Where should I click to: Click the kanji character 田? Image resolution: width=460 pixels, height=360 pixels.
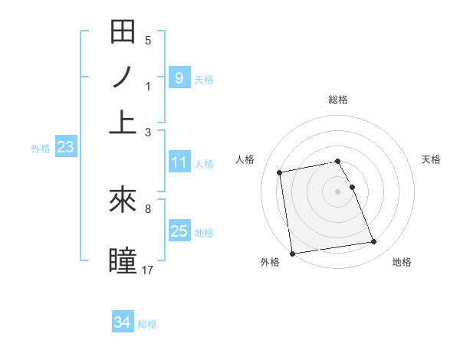123,32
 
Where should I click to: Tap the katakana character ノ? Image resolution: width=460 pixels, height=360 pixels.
123,77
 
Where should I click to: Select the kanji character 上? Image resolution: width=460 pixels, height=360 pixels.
123,121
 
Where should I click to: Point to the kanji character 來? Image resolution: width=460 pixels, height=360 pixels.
123,201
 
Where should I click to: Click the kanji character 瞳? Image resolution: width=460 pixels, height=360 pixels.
123,259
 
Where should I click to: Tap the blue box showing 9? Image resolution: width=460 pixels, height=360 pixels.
179,77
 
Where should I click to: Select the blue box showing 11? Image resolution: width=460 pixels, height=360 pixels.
179,162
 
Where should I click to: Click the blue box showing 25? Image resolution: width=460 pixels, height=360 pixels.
179,231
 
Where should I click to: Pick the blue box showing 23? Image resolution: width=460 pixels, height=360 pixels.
65,148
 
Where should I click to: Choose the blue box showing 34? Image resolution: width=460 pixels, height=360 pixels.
123,322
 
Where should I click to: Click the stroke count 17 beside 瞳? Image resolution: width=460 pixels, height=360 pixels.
149,270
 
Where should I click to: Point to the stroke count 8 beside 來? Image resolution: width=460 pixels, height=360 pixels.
148,208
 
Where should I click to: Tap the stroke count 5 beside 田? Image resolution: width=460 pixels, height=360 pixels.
148,40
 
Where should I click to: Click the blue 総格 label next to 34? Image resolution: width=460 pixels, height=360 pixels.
147,324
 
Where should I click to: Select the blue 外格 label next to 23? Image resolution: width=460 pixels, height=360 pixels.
41,149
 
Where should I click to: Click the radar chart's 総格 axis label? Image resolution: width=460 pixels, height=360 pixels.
338,100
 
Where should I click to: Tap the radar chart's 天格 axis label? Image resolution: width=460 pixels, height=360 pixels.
431,159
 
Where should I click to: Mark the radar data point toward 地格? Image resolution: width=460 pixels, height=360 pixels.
373,242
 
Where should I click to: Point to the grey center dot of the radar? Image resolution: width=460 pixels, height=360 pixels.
338,191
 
